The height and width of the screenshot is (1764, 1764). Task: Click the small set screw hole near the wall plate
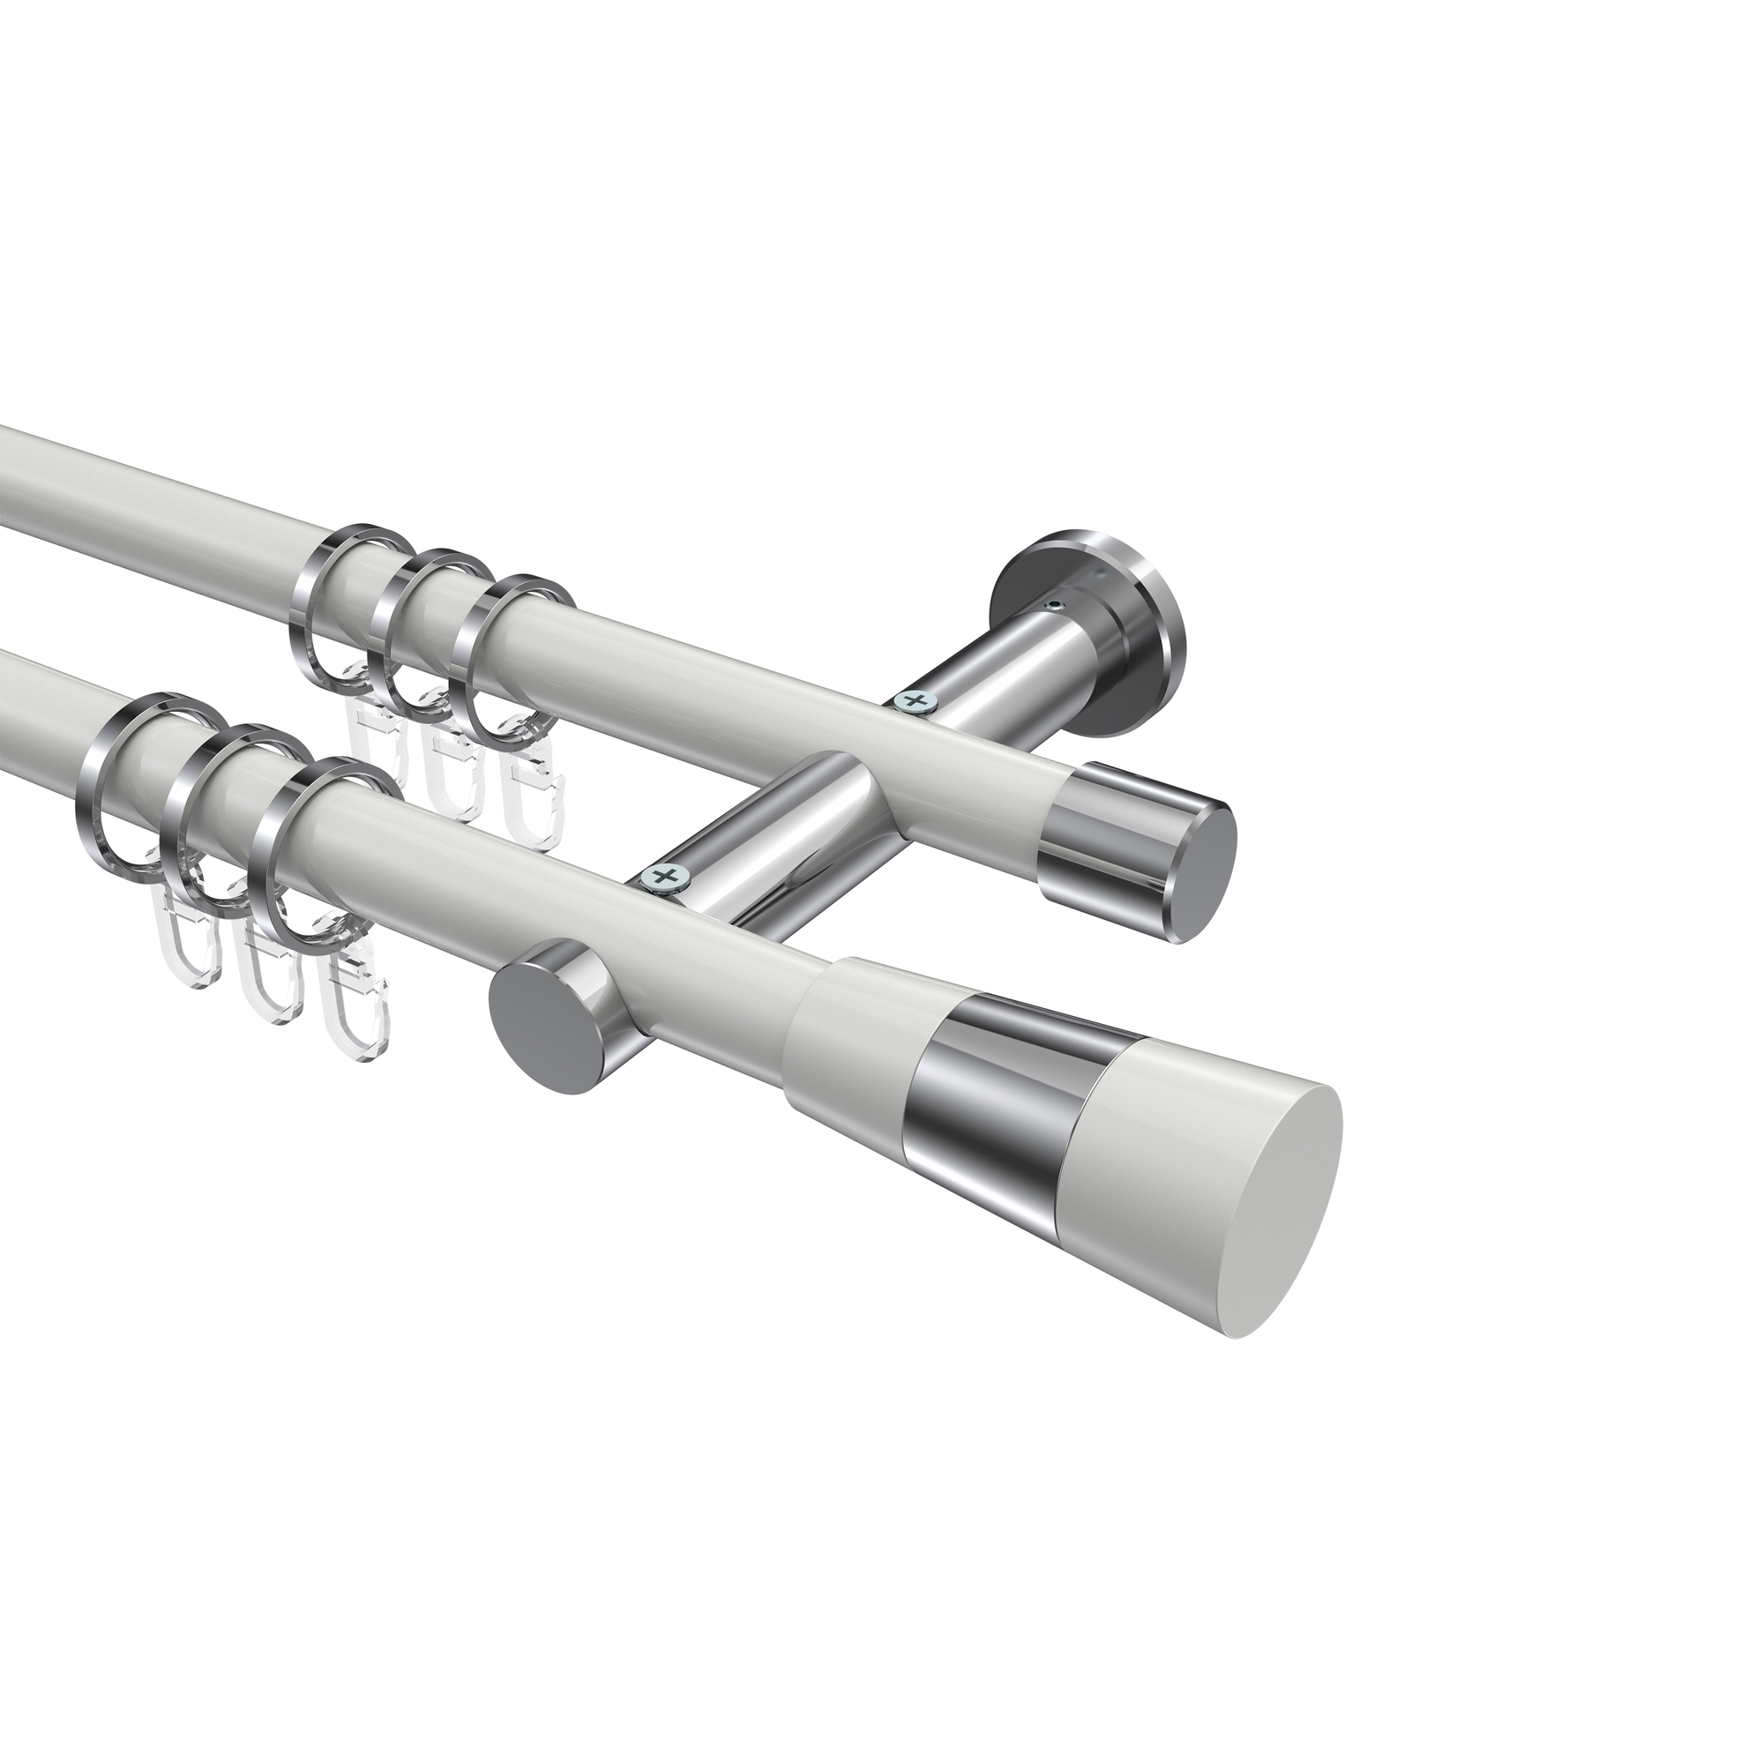(1057, 605)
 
